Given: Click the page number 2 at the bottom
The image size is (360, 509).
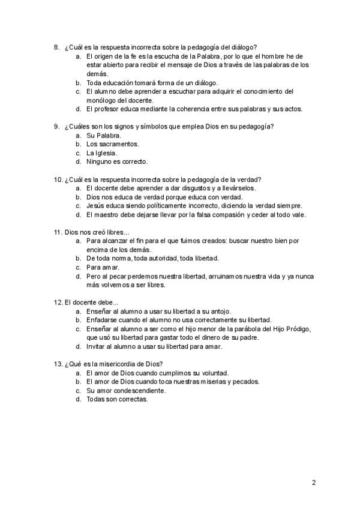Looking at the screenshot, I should (x=313, y=482).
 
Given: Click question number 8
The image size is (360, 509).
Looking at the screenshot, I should (x=56, y=47).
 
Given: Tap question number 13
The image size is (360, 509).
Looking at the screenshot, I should (x=58, y=364).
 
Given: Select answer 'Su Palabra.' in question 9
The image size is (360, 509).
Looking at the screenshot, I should (x=103, y=136).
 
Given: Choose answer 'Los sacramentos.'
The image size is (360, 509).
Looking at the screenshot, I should (x=113, y=144).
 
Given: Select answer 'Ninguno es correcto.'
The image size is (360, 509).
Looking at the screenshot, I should (x=116, y=161).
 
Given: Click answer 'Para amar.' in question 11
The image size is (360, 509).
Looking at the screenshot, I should (x=103, y=267).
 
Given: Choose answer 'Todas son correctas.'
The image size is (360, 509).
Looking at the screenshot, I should (x=116, y=399).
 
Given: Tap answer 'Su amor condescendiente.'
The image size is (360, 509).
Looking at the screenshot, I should (x=126, y=390).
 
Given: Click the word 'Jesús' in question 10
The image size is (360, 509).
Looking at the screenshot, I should (x=96, y=206).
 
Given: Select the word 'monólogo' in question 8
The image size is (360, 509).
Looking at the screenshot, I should (x=101, y=100).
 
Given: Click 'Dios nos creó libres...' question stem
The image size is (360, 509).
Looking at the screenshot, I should (x=97, y=232).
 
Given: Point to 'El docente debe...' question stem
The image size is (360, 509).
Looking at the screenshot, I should (x=91, y=302).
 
